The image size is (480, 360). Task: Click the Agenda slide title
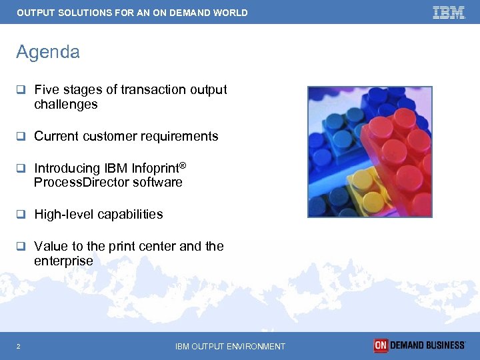tap(48, 52)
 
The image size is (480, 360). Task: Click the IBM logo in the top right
tap(449, 12)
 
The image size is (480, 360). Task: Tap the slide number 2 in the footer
tap(19, 346)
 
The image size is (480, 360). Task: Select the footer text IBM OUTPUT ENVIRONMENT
tap(230, 346)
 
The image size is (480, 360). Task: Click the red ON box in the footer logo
tap(381, 345)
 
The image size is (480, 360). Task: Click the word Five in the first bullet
tap(47, 89)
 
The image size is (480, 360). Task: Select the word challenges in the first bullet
tap(65, 105)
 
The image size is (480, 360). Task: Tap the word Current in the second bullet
tap(56, 136)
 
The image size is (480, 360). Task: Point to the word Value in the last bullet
tap(50, 246)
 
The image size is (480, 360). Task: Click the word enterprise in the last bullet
tap(63, 261)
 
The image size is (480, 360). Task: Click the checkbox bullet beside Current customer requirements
tap(21, 136)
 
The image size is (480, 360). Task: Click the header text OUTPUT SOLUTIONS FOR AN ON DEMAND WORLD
tap(132, 13)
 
